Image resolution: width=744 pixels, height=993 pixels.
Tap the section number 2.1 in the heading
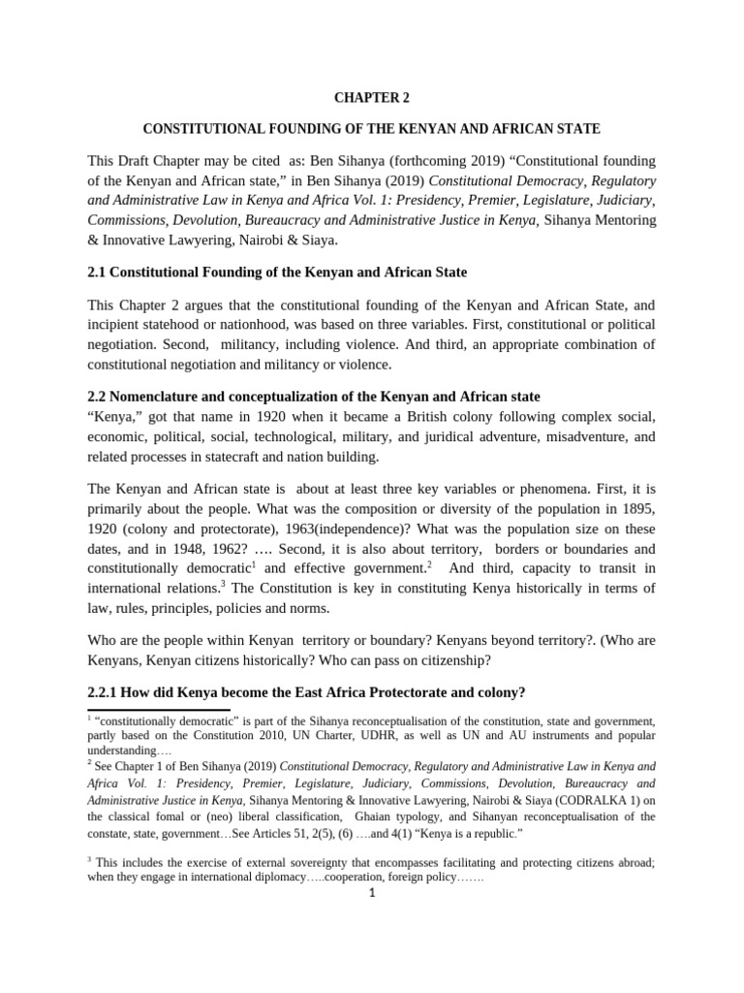coord(98,272)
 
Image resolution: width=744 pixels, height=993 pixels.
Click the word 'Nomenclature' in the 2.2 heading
coord(159,397)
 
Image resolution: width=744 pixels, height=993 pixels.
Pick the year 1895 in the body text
coord(635,508)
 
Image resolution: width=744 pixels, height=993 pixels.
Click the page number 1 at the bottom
coord(371,893)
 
